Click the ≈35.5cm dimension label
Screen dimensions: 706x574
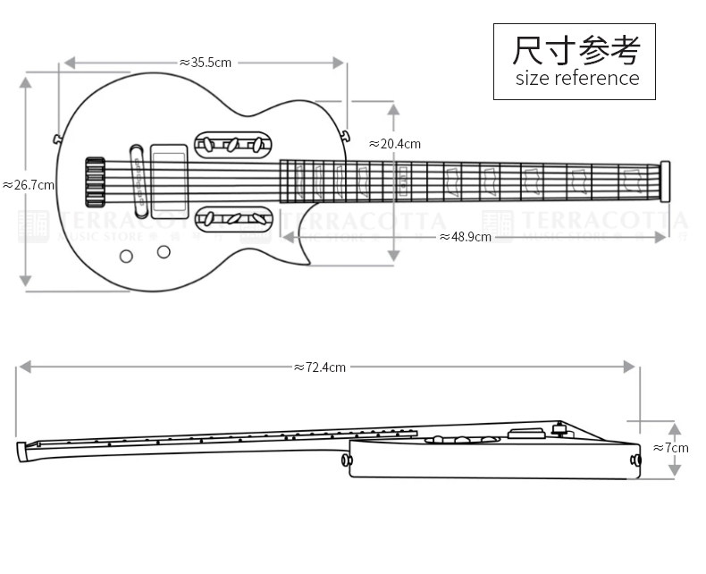[x=206, y=63]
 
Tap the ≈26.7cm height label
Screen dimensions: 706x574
[x=29, y=185]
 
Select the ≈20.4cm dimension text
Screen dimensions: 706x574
[x=394, y=144]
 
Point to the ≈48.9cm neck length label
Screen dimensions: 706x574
[x=466, y=237]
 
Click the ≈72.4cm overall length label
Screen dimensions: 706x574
[x=320, y=367]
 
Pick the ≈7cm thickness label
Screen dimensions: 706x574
[x=671, y=447]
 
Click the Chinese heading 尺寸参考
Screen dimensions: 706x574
[x=576, y=50]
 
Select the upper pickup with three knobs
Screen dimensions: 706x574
[x=232, y=144]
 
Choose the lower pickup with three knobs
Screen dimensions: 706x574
[x=232, y=217]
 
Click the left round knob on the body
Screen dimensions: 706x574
[x=126, y=257]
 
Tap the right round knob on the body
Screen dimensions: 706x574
[x=164, y=251]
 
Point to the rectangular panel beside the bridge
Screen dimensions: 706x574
[x=169, y=181]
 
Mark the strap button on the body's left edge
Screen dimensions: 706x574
[x=57, y=139]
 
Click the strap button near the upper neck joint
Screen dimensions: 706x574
[x=345, y=135]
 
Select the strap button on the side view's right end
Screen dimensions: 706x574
[x=635, y=460]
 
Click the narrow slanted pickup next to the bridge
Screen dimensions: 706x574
[x=138, y=177]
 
